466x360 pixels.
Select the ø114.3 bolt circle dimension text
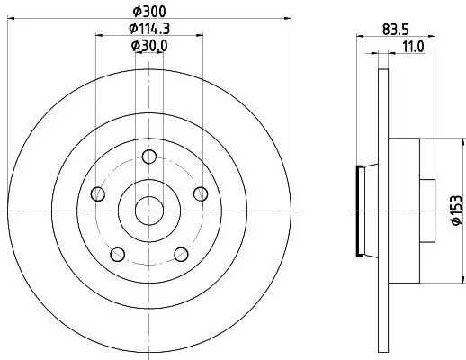pos(148,28)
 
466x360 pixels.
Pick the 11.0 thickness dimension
pos(412,45)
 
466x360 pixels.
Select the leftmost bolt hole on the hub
pos(96,193)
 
